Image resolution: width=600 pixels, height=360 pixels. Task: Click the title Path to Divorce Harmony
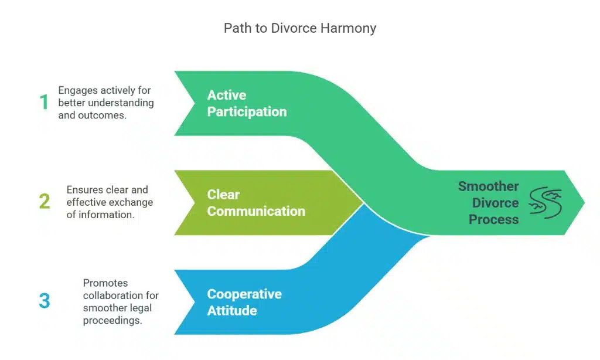299,28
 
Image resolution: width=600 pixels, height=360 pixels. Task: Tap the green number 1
44,103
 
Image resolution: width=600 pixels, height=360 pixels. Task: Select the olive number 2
45,202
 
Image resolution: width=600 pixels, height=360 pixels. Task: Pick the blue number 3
45,301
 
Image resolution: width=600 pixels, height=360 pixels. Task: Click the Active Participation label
247,103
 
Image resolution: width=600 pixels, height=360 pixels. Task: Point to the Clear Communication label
256,203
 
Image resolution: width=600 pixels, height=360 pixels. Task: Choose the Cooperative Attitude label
244,302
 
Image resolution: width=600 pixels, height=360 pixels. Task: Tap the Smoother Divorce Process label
489,203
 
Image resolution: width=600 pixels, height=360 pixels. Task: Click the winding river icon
546,203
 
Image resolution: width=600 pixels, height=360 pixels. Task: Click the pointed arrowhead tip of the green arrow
584,202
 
